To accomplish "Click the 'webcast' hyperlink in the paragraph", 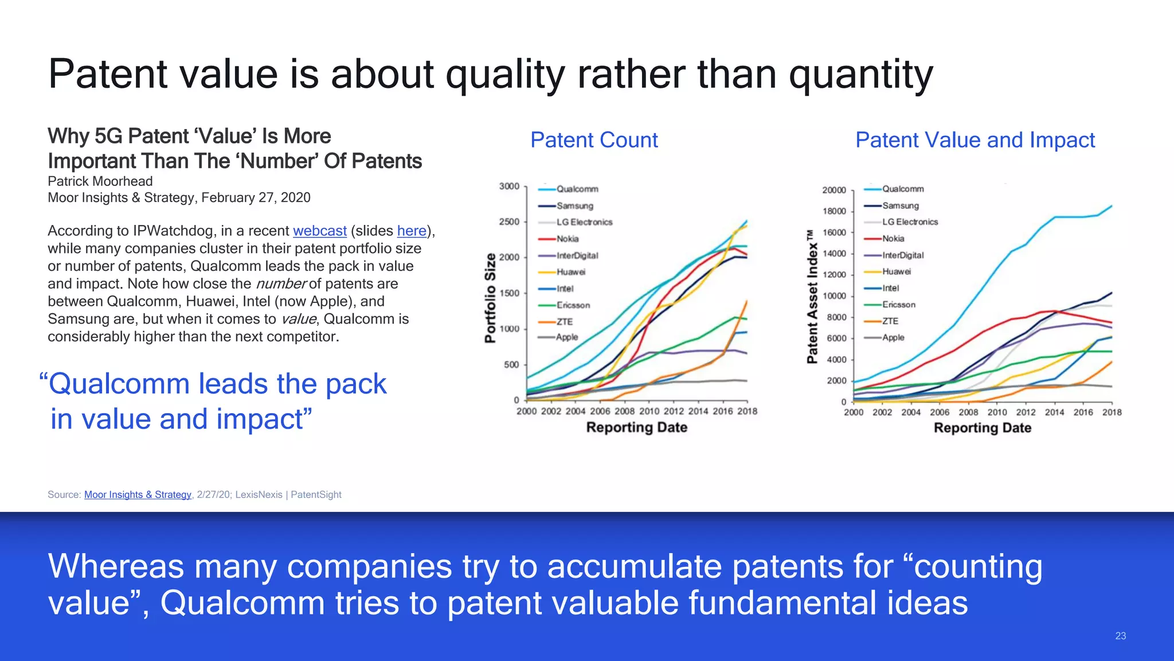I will [319, 231].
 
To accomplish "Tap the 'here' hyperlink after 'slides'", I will [412, 231].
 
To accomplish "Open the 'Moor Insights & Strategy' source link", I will [138, 495].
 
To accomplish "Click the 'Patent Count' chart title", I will [594, 140].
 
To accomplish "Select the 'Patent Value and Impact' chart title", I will [975, 140].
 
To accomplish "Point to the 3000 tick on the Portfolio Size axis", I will [509, 186].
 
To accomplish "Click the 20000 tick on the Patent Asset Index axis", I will [833, 190].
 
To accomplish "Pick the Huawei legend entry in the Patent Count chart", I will [570, 272].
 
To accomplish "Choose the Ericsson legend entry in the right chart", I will [898, 305].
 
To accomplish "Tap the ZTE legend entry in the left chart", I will [564, 322].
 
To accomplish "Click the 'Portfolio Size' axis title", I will [490, 298].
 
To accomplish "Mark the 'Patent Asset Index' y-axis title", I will [812, 297].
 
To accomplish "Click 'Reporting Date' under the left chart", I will [636, 427].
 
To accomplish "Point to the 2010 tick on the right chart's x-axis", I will [997, 412].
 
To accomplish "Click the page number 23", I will [1120, 636].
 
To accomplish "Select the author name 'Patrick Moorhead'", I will [100, 181].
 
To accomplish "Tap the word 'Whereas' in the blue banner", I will [116, 566].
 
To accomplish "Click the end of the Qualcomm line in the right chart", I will [1112, 205].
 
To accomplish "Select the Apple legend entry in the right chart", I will [893, 337].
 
